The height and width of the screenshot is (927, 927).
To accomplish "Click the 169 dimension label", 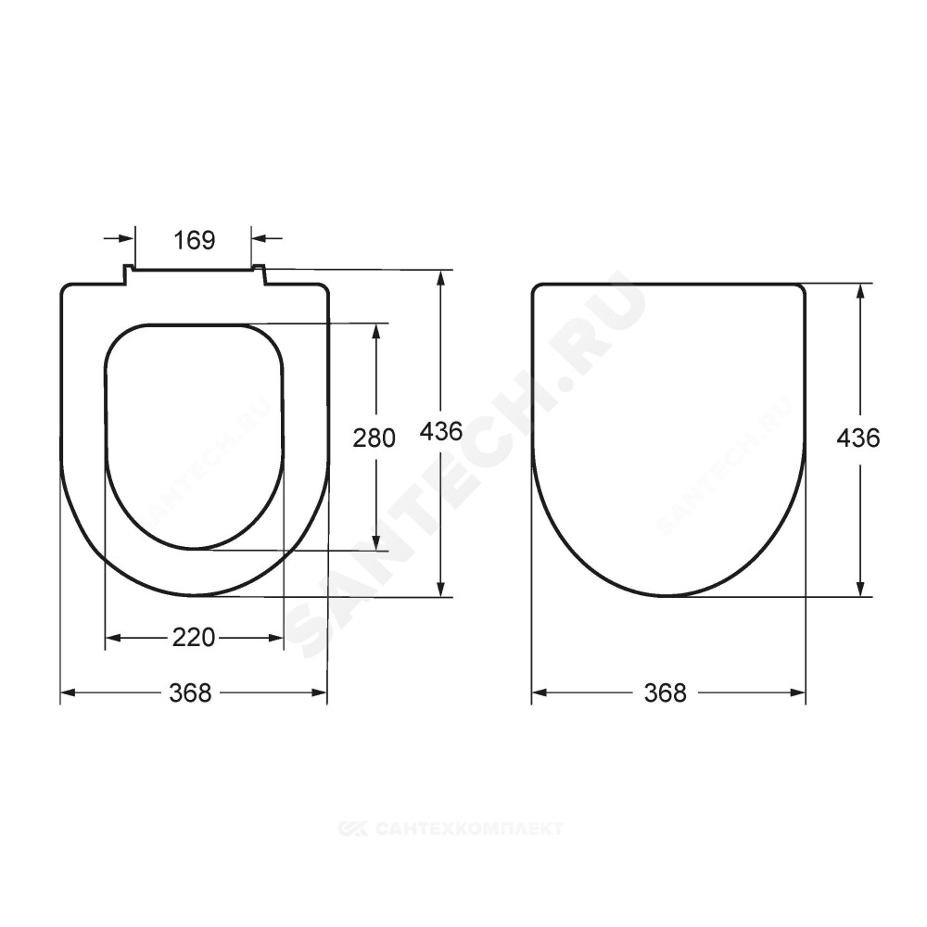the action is (195, 241).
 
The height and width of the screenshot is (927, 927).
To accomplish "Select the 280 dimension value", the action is (375, 438).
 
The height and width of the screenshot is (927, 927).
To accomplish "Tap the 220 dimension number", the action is (194, 638).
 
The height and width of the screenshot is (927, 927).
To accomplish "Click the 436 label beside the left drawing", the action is (441, 432).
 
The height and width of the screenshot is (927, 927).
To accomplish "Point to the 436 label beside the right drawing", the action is (858, 438).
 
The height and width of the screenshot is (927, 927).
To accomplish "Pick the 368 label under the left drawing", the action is (190, 692).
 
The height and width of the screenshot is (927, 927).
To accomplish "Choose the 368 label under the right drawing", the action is (666, 692).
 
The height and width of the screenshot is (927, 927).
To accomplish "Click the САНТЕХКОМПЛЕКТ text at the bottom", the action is (469, 828).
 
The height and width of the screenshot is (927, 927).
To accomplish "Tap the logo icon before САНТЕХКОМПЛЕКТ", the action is (355, 828).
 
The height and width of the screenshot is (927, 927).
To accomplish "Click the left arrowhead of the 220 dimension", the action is (112, 638).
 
